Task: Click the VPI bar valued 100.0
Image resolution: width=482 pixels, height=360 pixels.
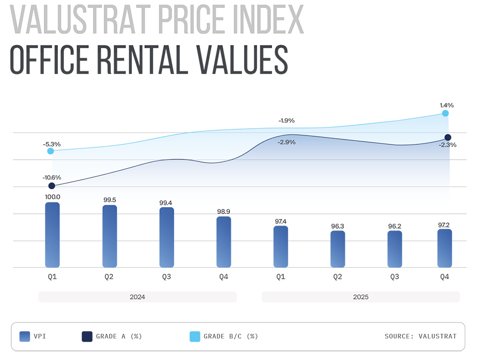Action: [52, 235]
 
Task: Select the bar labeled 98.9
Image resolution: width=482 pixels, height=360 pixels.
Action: [223, 242]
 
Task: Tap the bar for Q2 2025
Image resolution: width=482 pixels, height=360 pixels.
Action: [337, 249]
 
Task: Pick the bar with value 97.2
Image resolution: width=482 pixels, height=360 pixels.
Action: [445, 248]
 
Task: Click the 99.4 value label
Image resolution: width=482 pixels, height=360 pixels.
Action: [167, 203]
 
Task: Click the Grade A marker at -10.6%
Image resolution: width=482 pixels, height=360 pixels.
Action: [52, 186]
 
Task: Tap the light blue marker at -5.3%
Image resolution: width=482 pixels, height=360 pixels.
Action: [50, 151]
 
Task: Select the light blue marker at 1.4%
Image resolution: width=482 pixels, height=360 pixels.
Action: [445, 114]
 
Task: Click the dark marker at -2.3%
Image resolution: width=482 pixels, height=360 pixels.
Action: [448, 138]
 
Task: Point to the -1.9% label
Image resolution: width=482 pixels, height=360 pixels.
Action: [287, 121]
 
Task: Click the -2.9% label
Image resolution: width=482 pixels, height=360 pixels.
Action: [287, 142]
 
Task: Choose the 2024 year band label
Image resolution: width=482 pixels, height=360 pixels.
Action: [137, 297]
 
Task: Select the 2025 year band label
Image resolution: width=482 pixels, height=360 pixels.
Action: [360, 297]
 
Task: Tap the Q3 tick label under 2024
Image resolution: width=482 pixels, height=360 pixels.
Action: [167, 276]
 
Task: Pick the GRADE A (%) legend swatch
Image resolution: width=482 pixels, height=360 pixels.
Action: [87, 336]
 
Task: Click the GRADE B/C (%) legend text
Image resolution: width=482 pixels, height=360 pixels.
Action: [230, 336]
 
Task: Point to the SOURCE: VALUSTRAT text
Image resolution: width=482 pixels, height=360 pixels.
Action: [420, 336]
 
